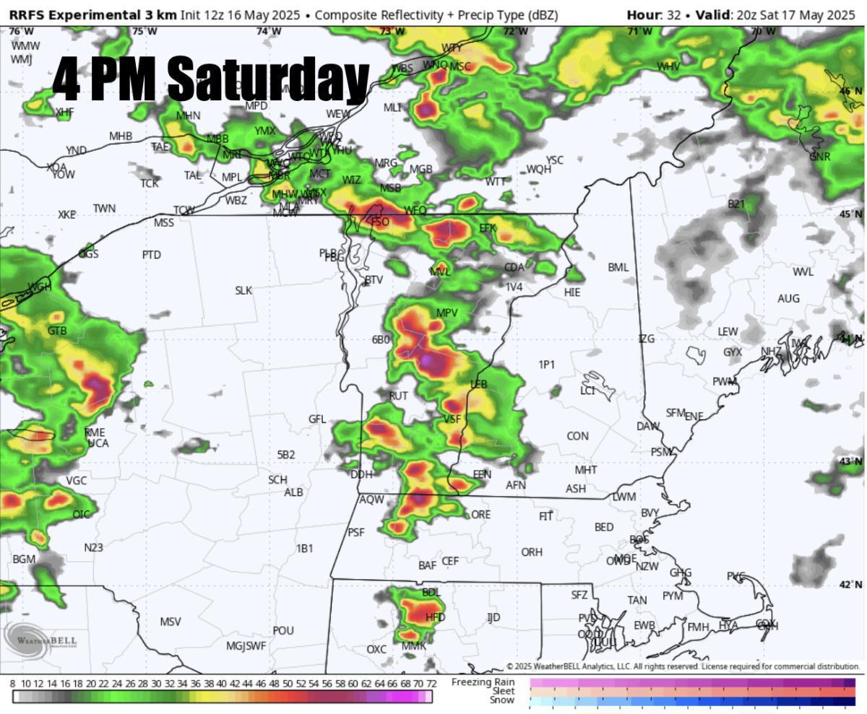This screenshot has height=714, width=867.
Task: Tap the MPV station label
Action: [x=447, y=313]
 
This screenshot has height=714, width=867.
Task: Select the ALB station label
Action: [x=293, y=492]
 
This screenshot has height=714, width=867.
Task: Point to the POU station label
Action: [x=283, y=630]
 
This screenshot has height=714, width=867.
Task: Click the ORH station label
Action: [x=532, y=552]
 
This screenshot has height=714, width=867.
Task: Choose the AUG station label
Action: [x=788, y=298]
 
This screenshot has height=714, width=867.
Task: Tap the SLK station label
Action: [x=243, y=290]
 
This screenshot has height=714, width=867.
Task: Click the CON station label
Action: [x=577, y=436]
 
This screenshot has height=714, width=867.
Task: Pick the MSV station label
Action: [x=171, y=622]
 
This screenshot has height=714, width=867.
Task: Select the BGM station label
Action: [x=24, y=560]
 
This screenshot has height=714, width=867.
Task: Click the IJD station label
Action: [x=493, y=617]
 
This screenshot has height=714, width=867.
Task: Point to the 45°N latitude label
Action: [x=850, y=214]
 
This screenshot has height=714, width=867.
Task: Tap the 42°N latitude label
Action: [x=850, y=585]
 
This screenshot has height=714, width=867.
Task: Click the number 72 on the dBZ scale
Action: [x=431, y=683]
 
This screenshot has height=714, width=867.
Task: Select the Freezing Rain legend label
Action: [x=483, y=682]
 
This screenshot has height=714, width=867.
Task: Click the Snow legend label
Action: [x=502, y=700]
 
